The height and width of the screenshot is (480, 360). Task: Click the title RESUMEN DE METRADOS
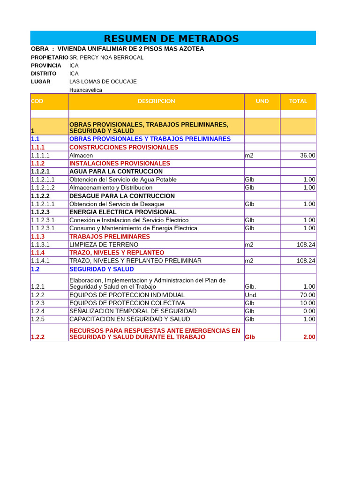(x=171, y=38)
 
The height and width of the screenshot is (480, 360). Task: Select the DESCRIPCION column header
(x=156, y=101)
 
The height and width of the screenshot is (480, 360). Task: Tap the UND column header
(x=262, y=101)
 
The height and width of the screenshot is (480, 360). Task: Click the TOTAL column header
(x=298, y=101)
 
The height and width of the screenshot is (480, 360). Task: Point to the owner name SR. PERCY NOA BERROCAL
(x=106, y=58)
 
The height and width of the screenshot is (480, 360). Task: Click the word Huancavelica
(x=86, y=90)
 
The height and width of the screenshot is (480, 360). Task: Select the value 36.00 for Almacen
(x=307, y=156)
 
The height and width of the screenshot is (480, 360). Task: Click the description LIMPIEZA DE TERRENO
(x=104, y=245)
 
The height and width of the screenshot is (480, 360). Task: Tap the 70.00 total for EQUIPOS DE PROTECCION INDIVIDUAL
(x=307, y=295)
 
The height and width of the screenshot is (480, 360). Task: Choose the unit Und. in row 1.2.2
(x=251, y=295)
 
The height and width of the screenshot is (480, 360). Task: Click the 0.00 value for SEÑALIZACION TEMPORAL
(x=309, y=311)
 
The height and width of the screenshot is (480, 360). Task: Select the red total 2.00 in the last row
(x=309, y=337)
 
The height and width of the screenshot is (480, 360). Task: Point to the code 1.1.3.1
(x=40, y=245)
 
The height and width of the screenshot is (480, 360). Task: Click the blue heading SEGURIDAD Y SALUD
(x=101, y=269)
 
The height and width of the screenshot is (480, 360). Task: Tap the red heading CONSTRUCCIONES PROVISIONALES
(x=124, y=147)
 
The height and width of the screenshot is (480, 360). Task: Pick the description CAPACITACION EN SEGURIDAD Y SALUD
(x=130, y=319)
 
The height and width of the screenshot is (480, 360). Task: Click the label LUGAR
(x=41, y=82)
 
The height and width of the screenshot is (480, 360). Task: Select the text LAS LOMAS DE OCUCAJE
(x=103, y=82)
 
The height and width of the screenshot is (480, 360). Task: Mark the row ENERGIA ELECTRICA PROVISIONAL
(x=123, y=212)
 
